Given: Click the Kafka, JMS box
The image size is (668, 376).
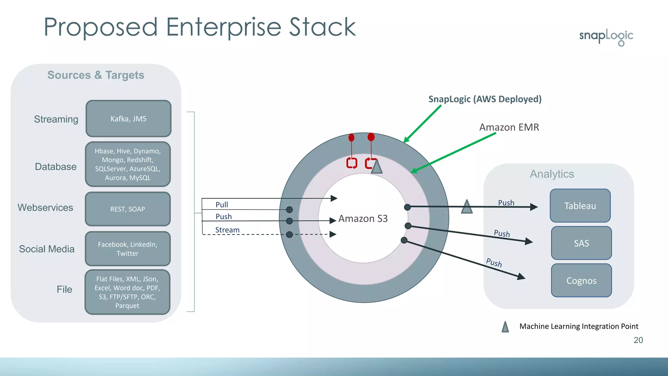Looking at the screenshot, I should (128, 119).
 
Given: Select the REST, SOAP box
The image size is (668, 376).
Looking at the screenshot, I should (128, 209).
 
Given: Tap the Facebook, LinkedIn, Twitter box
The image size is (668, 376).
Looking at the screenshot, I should (128, 249).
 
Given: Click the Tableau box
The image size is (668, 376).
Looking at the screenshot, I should (580, 206).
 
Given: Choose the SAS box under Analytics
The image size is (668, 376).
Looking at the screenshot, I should (581, 243).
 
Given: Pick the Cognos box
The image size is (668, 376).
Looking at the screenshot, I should (581, 281).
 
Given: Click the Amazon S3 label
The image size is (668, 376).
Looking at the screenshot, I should (363, 218).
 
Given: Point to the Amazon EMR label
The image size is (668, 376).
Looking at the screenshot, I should (509, 127).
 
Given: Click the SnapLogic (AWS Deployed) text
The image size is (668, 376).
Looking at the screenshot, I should (485, 99).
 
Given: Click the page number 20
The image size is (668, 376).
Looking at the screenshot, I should (638, 340).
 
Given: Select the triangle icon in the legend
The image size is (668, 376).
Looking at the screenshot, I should (505, 327).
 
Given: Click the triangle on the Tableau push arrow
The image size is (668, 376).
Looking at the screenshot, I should (467, 207).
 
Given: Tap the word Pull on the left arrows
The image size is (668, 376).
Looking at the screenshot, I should (222, 205).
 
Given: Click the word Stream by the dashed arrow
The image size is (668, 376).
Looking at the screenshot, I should (227, 230).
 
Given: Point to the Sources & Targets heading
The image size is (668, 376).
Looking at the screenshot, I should (96, 75).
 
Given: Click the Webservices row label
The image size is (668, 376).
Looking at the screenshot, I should (45, 208).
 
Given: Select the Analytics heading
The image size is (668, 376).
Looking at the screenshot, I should (552, 174).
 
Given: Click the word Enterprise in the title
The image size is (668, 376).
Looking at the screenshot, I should (223, 27).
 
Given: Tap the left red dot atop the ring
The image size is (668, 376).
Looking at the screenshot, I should (351, 138).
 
